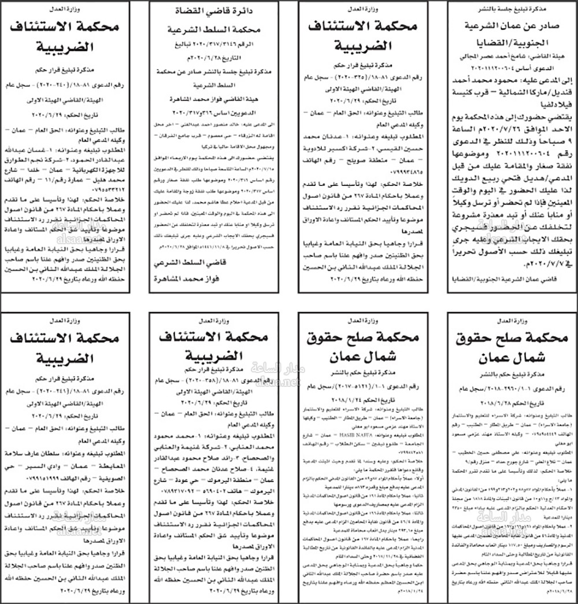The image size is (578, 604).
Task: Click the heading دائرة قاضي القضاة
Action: click(216, 10)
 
